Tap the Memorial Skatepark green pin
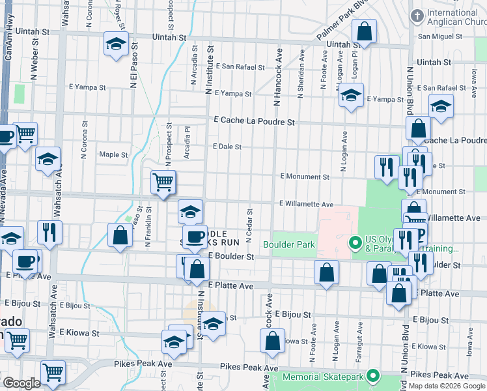pyautogui.click(x=372, y=376)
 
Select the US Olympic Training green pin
pyautogui.click(x=355, y=244)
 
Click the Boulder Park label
pyautogui.click(x=289, y=245)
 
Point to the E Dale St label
pyautogui.click(x=227, y=147)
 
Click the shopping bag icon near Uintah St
pyautogui.click(x=365, y=31)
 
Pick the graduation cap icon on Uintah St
pyautogui.click(x=116, y=44)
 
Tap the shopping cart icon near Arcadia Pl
pyautogui.click(x=163, y=182)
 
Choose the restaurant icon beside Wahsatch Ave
pyautogui.click(x=49, y=231)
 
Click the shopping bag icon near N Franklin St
pyautogui.click(x=120, y=236)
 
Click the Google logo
pyautogui.click(x=22, y=383)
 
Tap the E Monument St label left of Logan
pyautogui.click(x=305, y=177)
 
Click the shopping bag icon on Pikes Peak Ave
pyautogui.click(x=273, y=340)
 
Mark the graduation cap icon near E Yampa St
pyautogui.click(x=351, y=95)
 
